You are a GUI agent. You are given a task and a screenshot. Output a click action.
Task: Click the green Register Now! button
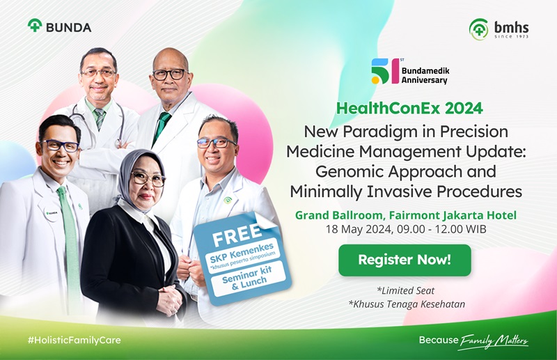tap(405, 260)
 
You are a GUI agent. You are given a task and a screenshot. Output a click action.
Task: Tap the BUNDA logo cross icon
tap(35, 25)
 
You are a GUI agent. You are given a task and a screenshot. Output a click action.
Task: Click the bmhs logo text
tap(511, 28)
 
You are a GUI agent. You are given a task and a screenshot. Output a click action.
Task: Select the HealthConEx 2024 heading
tap(409, 108)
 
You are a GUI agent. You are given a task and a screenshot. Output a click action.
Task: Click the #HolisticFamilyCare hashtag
tap(74, 340)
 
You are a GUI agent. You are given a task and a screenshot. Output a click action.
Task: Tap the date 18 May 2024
tap(359, 229)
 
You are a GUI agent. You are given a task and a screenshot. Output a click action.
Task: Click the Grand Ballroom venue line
tap(406, 215)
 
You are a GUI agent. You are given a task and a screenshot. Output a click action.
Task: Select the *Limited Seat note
tap(406, 290)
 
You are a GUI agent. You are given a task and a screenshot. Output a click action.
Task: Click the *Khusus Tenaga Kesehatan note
tap(407, 304)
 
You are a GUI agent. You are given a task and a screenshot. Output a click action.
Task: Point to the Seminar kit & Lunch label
tap(247, 279)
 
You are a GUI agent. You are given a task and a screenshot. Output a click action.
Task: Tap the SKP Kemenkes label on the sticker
tap(242, 254)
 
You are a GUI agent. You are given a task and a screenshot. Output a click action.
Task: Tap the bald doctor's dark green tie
tap(161, 128)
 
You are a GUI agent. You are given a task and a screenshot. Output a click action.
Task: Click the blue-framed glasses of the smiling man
tap(61, 146)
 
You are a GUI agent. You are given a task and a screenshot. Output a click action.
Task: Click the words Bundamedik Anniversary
tap(425, 75)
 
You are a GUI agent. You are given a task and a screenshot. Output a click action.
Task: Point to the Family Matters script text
tap(494, 341)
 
